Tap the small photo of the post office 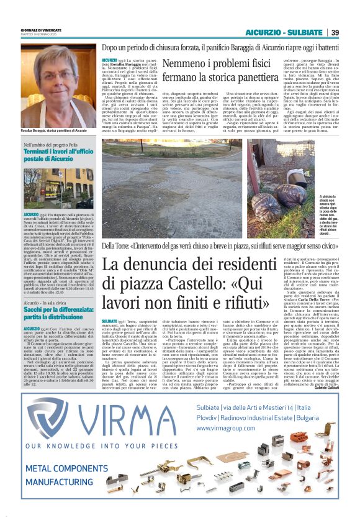pos(58,188)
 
